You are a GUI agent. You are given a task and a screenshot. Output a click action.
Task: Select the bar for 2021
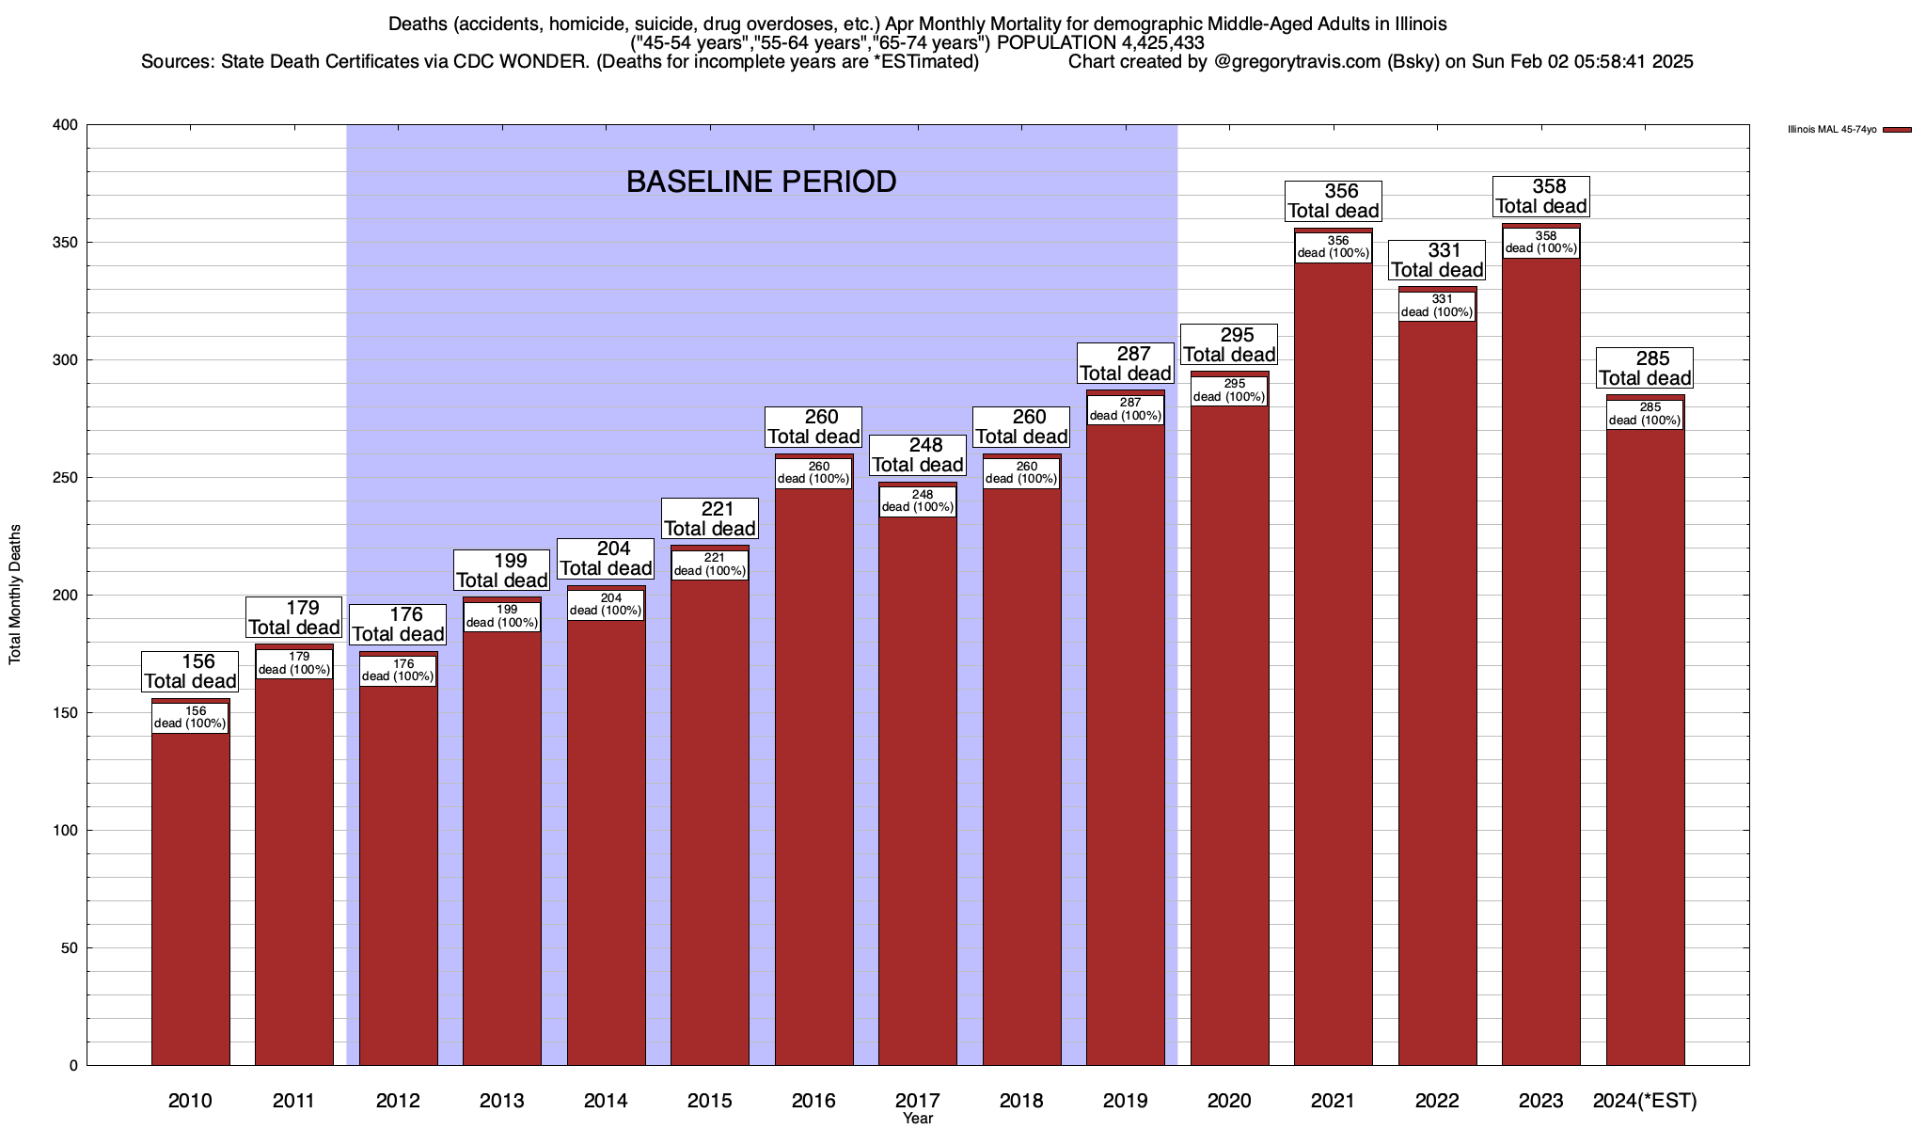1333,659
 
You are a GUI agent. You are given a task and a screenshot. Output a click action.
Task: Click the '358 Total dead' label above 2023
1541,197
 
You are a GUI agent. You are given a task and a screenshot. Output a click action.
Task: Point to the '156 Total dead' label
190,672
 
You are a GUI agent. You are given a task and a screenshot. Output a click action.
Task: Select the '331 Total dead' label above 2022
1437,261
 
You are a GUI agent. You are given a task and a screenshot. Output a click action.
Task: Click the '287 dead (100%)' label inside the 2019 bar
1126,409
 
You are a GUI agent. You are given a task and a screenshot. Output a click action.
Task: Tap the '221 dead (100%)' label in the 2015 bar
710,564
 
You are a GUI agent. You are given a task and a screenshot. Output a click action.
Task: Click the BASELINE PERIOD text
761,182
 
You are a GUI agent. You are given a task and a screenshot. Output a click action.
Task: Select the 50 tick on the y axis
70,948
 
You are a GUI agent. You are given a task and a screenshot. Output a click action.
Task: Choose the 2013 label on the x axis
502,1101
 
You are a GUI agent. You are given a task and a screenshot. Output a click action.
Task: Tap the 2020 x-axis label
1229,1101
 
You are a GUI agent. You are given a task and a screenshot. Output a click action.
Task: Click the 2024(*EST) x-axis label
1645,1101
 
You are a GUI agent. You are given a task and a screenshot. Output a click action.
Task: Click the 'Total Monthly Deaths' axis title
15,595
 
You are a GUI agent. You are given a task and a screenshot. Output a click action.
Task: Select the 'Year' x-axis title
918,1119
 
